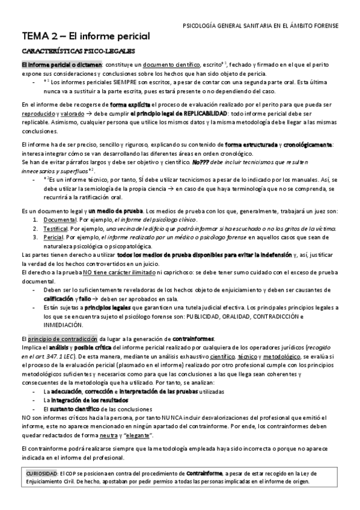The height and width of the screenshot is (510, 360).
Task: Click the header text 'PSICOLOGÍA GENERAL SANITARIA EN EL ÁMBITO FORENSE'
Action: pos(260,26)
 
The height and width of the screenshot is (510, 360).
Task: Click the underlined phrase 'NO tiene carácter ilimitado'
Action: pos(113,272)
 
